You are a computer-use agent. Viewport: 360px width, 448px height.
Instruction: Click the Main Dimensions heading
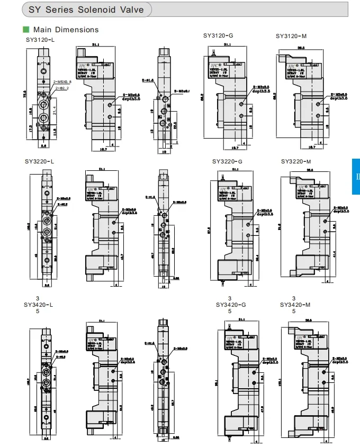click(66, 30)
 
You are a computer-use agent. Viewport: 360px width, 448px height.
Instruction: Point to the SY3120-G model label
click(218, 35)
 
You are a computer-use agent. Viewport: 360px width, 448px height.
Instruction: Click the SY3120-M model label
click(292, 36)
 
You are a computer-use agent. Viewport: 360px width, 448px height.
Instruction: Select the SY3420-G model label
click(231, 305)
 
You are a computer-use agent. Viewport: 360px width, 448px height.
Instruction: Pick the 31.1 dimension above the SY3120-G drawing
click(228, 45)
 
